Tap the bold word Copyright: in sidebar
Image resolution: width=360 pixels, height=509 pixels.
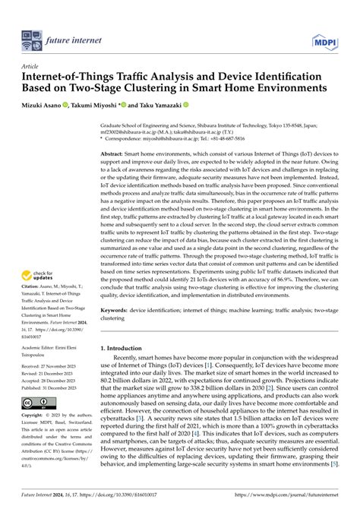pos(35,416)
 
